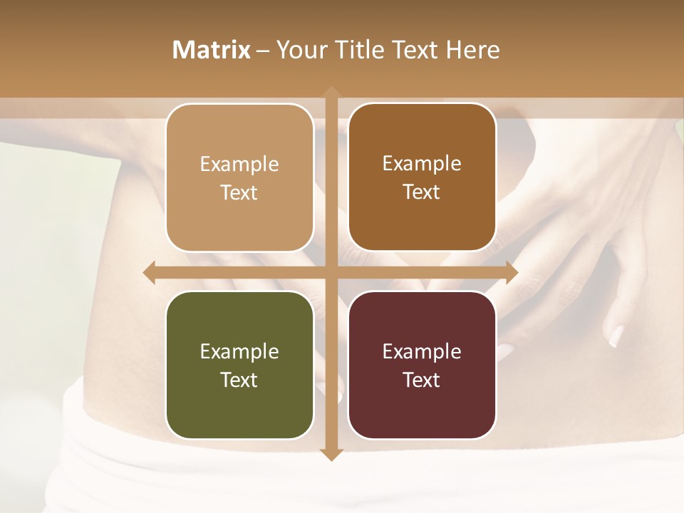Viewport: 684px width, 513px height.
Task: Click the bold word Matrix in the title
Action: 212,50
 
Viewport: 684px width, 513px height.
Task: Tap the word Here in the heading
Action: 472,50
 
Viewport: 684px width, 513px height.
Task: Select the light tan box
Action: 239,177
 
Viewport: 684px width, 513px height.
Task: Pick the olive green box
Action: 239,365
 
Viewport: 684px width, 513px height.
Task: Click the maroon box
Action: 422,365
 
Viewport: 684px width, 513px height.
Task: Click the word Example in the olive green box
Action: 239,351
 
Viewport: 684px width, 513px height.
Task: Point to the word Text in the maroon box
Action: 422,380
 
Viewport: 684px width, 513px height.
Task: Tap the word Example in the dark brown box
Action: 422,163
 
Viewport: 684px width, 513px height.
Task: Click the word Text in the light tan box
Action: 239,192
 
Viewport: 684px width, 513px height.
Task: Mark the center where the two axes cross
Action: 331,273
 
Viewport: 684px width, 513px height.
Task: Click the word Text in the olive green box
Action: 239,380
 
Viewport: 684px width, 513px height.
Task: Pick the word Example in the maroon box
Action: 422,351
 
